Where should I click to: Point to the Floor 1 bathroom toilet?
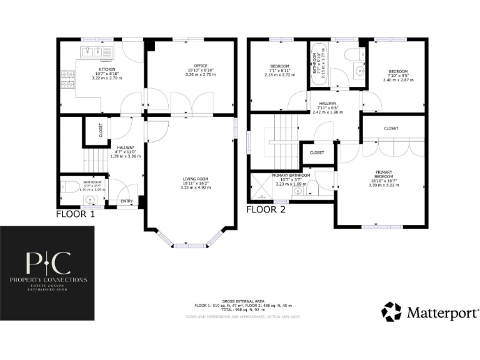pos(68,186)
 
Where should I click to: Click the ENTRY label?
pos(126,201)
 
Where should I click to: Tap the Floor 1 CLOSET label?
pos(101,130)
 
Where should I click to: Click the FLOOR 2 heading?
pos(266,209)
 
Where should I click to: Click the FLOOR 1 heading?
pos(76,213)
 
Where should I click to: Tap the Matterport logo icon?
pos(392,311)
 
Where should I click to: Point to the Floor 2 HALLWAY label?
pos(327,104)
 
